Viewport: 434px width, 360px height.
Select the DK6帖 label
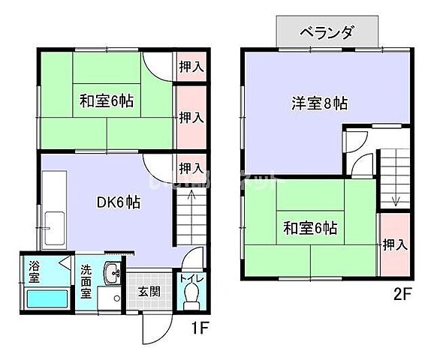coord(119,202)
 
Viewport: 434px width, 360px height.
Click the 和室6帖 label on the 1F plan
coord(107,100)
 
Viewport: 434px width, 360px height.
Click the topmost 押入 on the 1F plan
coord(191,66)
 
